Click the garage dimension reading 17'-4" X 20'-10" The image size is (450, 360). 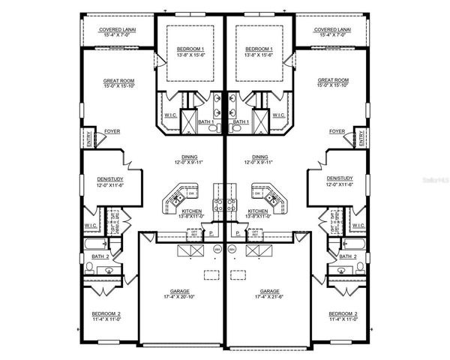coord(180,297)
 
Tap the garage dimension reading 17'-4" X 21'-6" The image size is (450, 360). coord(269,297)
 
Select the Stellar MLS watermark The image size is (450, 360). coord(433,179)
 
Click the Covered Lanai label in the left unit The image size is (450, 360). coord(115,29)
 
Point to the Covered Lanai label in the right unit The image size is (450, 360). coord(334,29)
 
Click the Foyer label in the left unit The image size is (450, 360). coord(113,130)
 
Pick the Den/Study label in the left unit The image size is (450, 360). coord(109,178)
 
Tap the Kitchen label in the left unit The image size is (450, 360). coord(191,211)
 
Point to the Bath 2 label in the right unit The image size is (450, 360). coord(346,256)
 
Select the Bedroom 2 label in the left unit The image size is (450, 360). coord(106,313)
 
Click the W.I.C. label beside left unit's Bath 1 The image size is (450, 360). coord(169,115)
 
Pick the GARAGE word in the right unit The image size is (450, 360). coord(269,291)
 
